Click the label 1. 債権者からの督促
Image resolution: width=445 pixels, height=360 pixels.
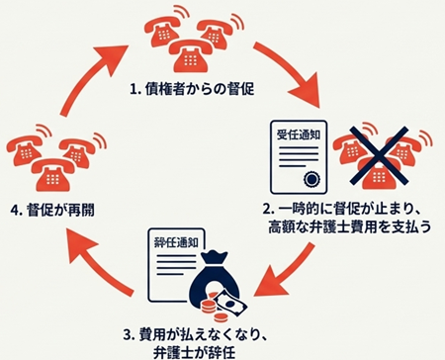194,88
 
